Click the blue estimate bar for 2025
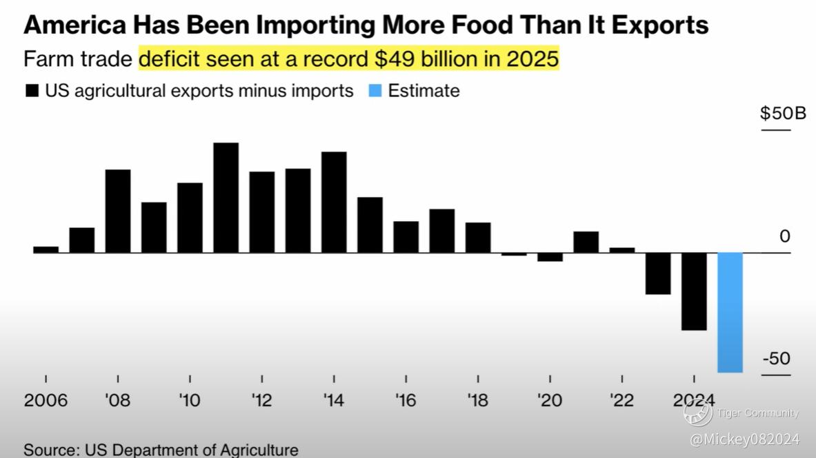(730, 312)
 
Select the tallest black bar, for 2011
(226, 198)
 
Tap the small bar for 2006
(46, 249)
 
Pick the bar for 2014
(334, 202)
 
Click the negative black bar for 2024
(694, 291)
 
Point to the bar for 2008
(118, 211)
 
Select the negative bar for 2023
(658, 273)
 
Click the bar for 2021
(586, 242)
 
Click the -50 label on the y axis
(776, 359)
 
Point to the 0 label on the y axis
(784, 237)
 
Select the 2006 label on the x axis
(46, 401)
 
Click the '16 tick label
(406, 401)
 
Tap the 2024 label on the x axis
(693, 401)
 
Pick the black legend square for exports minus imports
(32, 91)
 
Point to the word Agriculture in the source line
(259, 450)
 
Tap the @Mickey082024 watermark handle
(745, 439)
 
